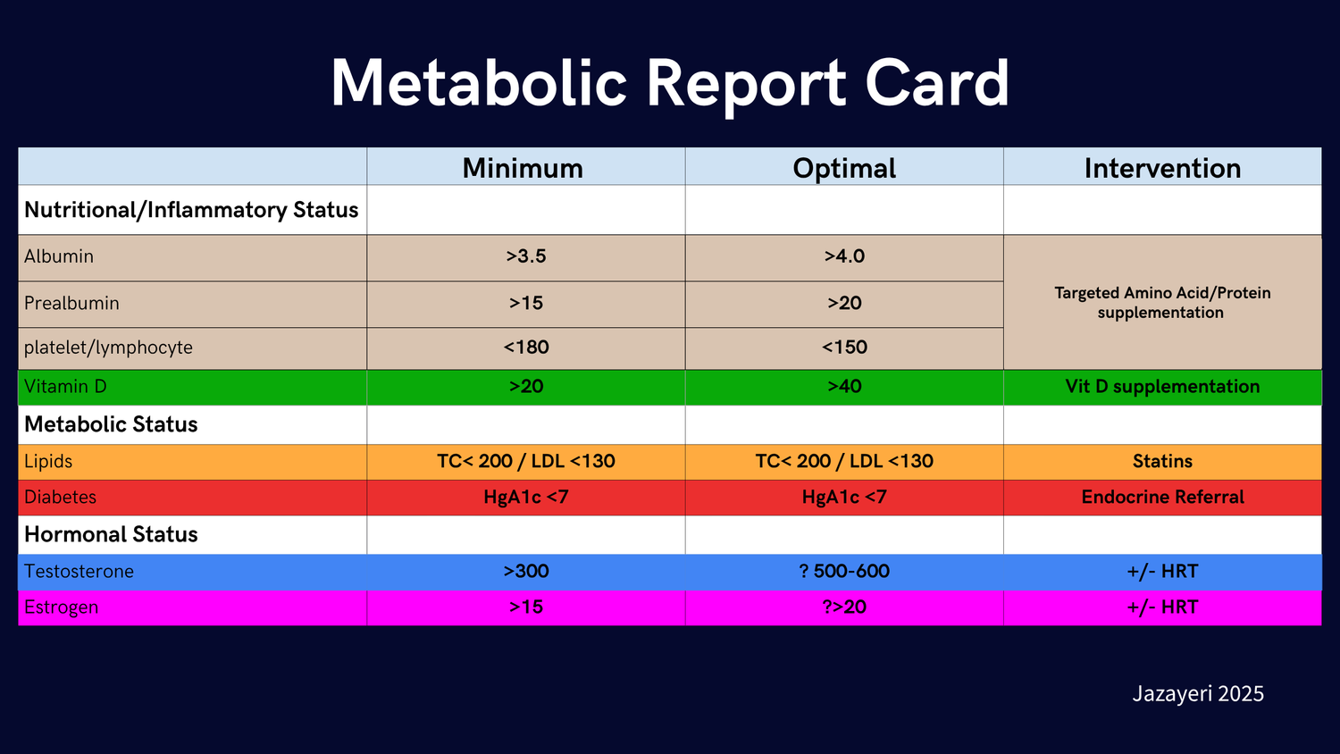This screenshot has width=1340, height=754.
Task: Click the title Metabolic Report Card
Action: click(x=670, y=83)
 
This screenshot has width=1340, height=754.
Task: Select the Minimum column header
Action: click(x=523, y=168)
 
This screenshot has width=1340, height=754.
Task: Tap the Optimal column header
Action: click(x=844, y=168)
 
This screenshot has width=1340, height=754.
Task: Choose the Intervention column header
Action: click(x=1162, y=168)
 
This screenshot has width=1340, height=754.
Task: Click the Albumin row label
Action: click(x=59, y=256)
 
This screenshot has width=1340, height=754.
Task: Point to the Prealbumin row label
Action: click(x=71, y=303)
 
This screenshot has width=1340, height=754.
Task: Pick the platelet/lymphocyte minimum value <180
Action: click(x=526, y=348)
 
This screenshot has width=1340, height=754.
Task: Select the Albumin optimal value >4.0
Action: click(x=844, y=256)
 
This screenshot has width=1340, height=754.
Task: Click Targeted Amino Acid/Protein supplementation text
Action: click(x=1162, y=303)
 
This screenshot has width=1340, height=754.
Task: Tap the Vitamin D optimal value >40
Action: click(x=844, y=387)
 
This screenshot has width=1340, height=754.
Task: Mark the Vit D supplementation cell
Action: click(x=1162, y=387)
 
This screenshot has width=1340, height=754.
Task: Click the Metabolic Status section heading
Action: click(x=111, y=424)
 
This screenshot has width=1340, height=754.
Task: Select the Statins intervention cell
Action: click(x=1162, y=461)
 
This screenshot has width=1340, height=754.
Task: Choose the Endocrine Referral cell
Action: click(x=1162, y=498)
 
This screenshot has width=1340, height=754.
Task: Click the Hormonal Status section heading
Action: click(x=111, y=534)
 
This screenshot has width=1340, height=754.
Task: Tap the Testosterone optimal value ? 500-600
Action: click(x=844, y=572)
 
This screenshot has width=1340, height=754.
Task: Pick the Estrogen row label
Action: click(x=61, y=607)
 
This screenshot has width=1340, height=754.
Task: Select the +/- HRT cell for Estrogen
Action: click(x=1162, y=607)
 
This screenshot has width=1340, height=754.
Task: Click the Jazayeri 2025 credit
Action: click(x=1198, y=694)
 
